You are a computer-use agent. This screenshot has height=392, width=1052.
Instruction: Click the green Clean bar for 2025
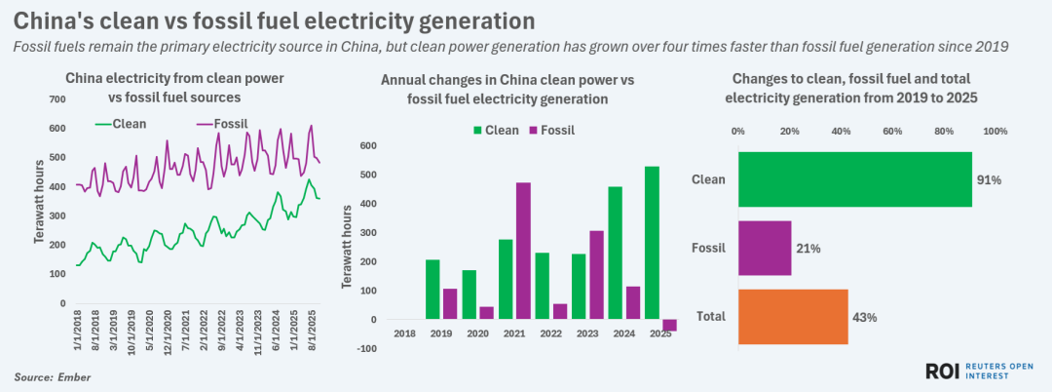point(653,243)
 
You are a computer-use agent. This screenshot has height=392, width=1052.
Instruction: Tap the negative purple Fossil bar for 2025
point(669,326)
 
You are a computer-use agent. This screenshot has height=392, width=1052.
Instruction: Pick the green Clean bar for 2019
point(432,289)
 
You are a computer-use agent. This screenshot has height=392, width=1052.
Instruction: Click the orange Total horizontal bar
point(793,316)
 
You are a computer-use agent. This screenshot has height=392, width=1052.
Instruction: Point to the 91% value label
point(990,180)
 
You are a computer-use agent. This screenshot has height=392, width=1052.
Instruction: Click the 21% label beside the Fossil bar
point(808,249)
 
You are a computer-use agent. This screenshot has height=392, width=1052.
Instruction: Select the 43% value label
point(865,317)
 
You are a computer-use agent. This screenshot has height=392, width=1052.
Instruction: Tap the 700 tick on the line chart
point(56,99)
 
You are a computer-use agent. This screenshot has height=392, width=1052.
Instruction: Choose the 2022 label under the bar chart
point(549,334)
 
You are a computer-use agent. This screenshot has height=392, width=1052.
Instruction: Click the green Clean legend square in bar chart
point(477,130)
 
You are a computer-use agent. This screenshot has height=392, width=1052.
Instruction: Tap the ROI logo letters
point(943,370)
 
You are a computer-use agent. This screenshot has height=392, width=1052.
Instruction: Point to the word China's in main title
point(58,20)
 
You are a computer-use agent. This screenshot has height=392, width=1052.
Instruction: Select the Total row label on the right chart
point(710,317)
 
